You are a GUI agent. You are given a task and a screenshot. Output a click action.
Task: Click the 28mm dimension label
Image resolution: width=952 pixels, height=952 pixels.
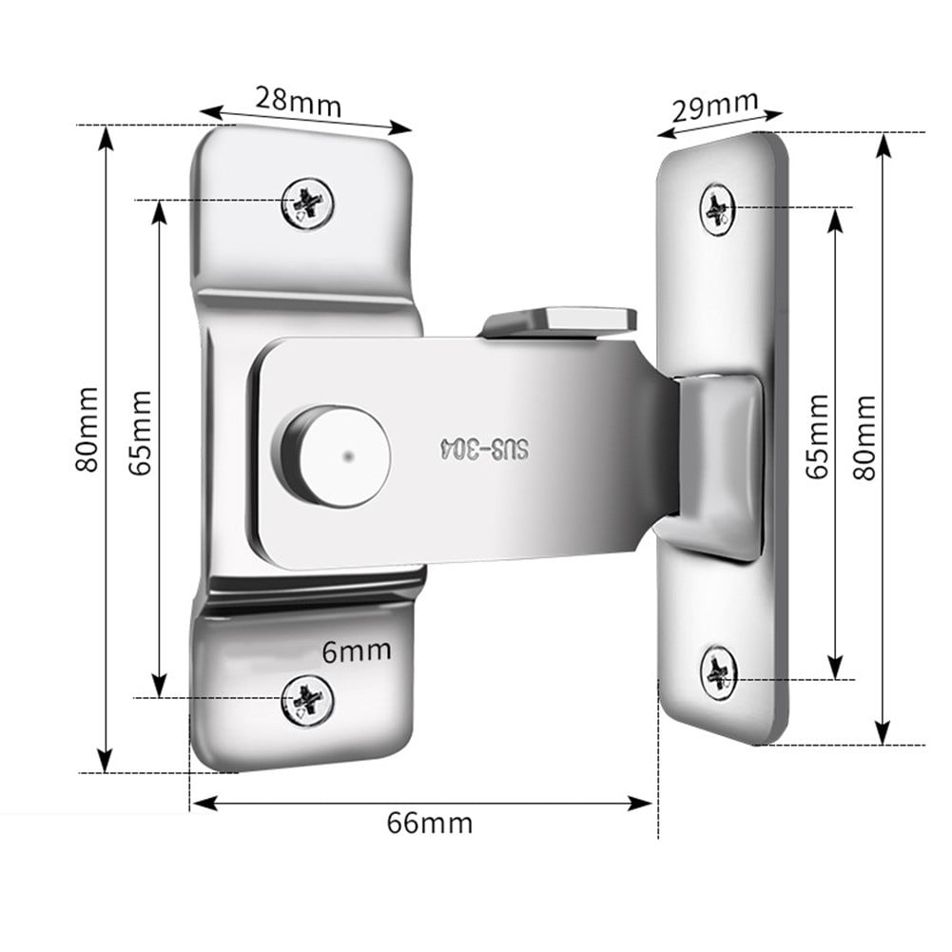pos(298,101)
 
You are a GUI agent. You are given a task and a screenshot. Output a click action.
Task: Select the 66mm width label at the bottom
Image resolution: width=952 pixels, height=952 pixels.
pos(429,821)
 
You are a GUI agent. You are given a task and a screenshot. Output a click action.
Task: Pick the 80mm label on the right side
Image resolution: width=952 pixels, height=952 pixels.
pos(864,437)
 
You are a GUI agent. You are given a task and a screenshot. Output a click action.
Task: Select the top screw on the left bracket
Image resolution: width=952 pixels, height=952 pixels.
pos(308,203)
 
